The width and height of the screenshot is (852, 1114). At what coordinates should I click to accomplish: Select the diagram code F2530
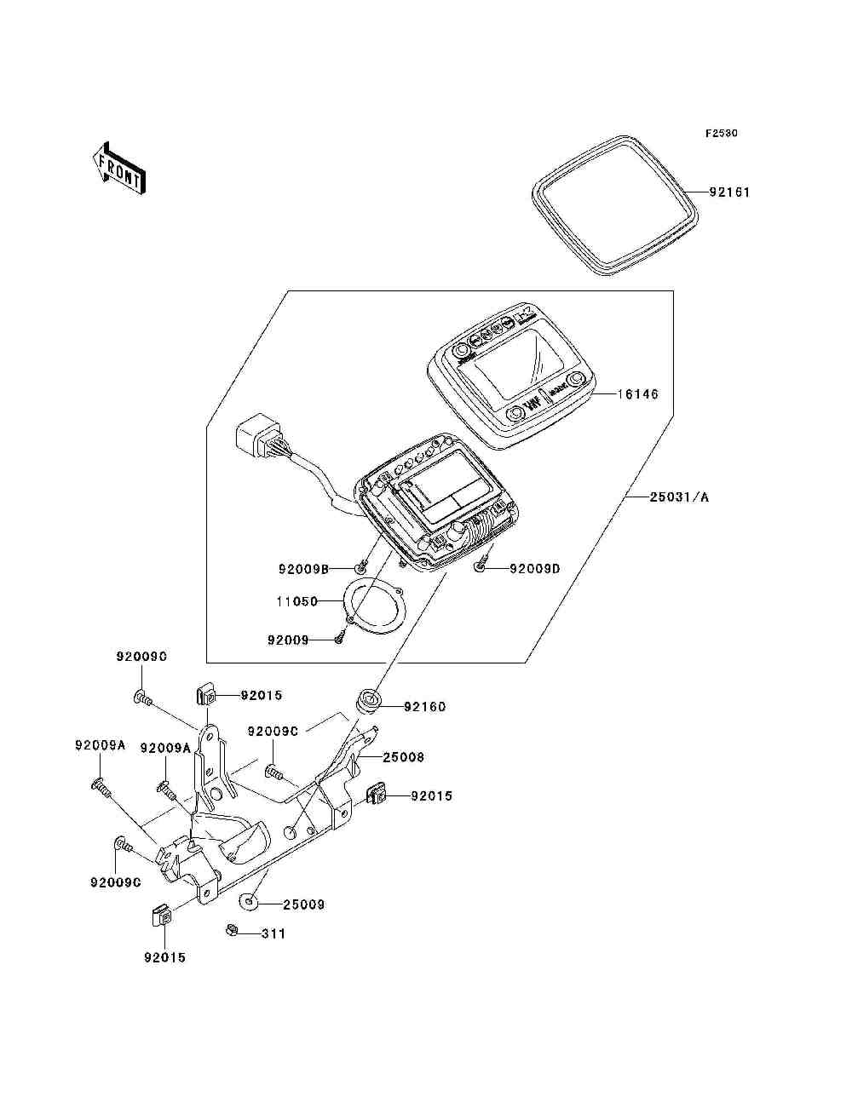tap(720, 134)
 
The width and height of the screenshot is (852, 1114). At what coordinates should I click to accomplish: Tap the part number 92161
tap(729, 192)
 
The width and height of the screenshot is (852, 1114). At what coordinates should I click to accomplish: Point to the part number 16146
tap(638, 395)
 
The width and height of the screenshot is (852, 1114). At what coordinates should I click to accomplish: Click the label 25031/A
tap(679, 497)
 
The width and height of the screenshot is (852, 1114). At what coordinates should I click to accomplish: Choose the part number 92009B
tap(303, 568)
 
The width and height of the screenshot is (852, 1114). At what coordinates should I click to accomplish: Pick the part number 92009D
tap(534, 568)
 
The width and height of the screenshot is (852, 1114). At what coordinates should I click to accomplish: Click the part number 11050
tap(296, 601)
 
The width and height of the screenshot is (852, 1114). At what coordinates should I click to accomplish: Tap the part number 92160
tap(424, 706)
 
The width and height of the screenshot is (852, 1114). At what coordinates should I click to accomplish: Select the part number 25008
tap(403, 756)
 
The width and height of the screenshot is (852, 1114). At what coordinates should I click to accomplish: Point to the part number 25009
tap(304, 904)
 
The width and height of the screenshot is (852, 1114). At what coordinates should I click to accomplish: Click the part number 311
tap(273, 933)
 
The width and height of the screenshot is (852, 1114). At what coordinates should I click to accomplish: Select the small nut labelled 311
tap(231, 930)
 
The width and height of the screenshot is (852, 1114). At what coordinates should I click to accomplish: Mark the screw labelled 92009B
tap(360, 565)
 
